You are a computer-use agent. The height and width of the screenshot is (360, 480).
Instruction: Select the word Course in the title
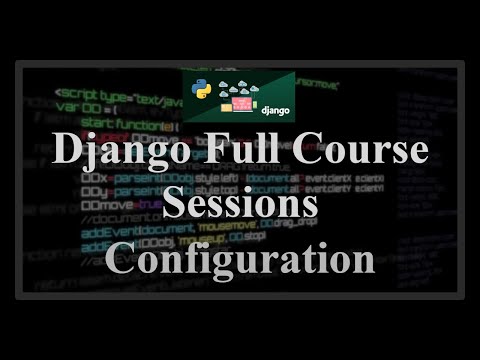point(363,154)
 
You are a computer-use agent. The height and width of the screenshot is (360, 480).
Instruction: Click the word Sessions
point(240,205)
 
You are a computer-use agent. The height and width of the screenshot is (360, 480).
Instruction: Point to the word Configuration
point(240,258)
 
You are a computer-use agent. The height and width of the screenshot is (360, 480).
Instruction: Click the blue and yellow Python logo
point(199,85)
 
